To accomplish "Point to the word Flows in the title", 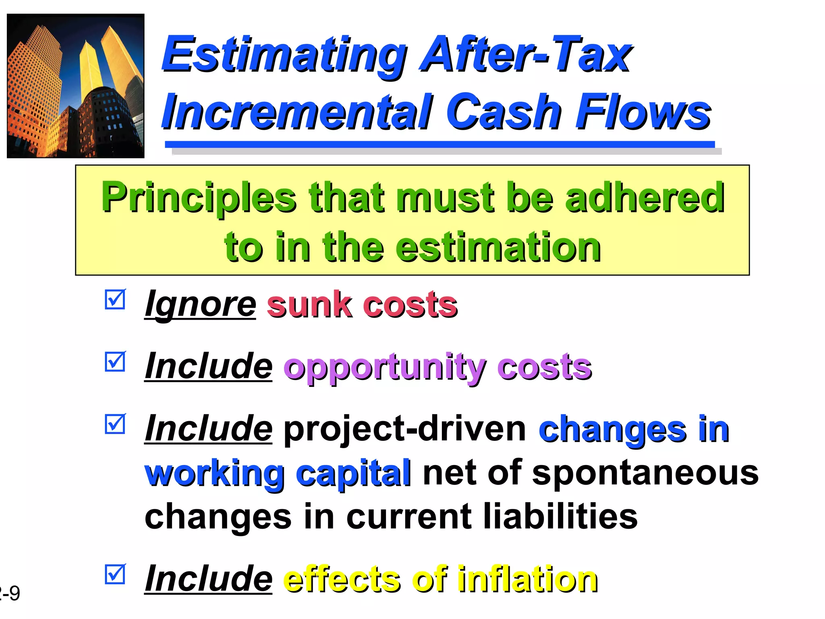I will [643, 112].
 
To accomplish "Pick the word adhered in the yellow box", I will [645, 197].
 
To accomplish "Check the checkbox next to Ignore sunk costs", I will [115, 300].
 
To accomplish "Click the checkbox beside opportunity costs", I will [115, 362].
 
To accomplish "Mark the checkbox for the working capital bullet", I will [115, 424].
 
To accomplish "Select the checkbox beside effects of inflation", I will [115, 574].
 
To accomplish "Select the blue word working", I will [214, 474].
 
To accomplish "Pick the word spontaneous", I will [645, 474].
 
